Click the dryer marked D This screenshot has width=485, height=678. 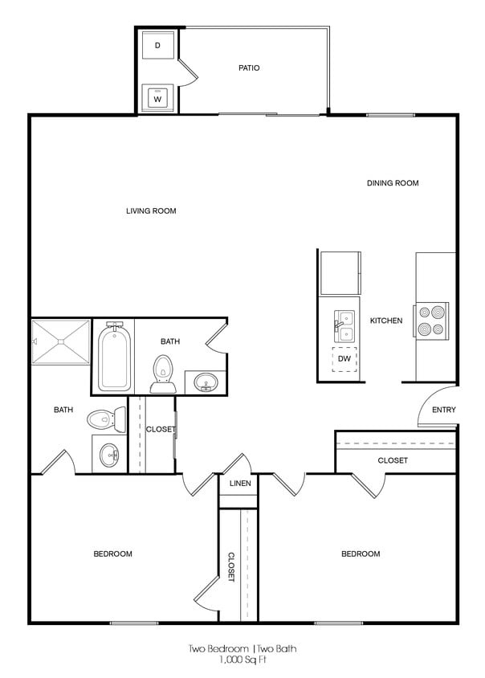click(157, 46)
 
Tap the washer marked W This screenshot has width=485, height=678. click(157, 99)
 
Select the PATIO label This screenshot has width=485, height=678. click(249, 68)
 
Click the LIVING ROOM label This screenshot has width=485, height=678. click(151, 211)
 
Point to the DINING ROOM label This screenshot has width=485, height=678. click(393, 183)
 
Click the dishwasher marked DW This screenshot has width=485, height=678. click(344, 359)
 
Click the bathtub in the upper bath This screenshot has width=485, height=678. click(114, 357)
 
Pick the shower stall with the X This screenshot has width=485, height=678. click(61, 342)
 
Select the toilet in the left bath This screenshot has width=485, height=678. click(105, 419)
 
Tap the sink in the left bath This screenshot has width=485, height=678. click(109, 455)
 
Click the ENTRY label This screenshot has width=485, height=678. click(444, 410)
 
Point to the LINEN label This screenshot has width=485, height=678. click(240, 484)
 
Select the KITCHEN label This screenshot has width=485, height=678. click(386, 321)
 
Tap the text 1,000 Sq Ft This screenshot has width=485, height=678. click(244, 660)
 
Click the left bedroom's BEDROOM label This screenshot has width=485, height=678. click(113, 553)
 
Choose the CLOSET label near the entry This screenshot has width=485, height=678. click(393, 460)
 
